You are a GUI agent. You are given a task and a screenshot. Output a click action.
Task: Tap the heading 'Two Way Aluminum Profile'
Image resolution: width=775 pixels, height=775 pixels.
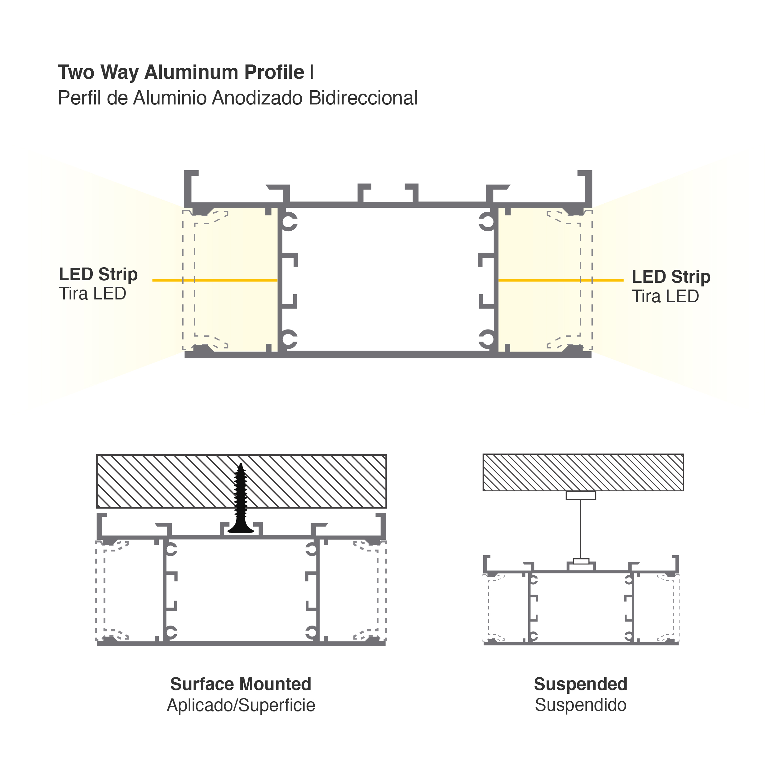pos(181,73)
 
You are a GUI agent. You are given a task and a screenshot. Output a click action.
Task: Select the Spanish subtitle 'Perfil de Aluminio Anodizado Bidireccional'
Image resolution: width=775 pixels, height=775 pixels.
pos(237,98)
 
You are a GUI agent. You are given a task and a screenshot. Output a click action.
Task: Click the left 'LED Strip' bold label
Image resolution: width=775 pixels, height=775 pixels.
pos(98,275)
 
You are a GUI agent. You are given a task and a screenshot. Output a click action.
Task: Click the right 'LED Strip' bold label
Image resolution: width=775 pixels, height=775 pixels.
pos(671,277)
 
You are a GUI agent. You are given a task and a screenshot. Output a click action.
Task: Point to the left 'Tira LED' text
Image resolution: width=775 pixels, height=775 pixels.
pos(92,294)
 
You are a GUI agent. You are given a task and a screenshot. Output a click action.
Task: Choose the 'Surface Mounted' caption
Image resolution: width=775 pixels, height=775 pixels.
pos(241,684)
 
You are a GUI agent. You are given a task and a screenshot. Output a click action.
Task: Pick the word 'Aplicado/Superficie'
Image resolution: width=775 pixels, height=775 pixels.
pos(241,705)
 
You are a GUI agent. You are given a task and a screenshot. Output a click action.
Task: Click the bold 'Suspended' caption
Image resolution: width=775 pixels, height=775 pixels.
pos(580,684)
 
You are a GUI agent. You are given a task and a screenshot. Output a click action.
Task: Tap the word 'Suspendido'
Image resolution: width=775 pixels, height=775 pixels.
pos(580,705)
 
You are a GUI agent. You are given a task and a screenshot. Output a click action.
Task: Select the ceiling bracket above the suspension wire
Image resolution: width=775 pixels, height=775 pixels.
pos(581,495)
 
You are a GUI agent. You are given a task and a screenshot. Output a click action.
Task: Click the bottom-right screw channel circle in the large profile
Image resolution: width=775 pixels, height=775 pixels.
pos(487,339)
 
